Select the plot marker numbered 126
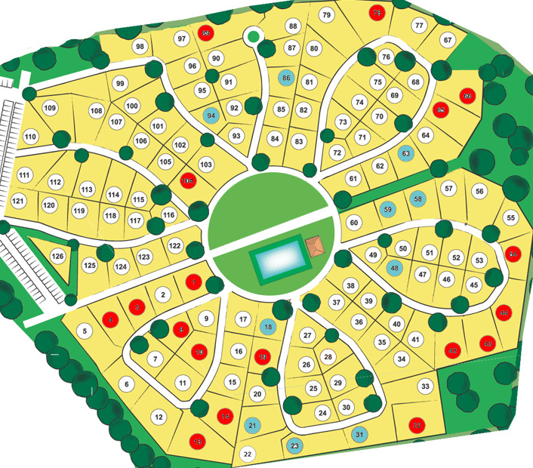(x=57, y=257)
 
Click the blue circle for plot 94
(x=211, y=115)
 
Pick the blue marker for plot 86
(x=285, y=78)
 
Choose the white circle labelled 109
(x=51, y=109)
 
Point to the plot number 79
(x=326, y=15)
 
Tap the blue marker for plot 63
(x=406, y=153)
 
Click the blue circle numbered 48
(x=395, y=268)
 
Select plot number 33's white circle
(x=426, y=386)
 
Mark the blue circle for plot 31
(x=359, y=434)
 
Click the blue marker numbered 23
(x=294, y=445)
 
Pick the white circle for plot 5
(x=85, y=331)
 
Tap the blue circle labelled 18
(x=268, y=327)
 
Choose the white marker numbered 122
(x=175, y=245)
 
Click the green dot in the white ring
(x=253, y=35)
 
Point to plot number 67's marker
(x=448, y=40)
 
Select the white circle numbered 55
(x=511, y=218)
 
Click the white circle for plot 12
(x=159, y=417)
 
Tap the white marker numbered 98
(x=140, y=47)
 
